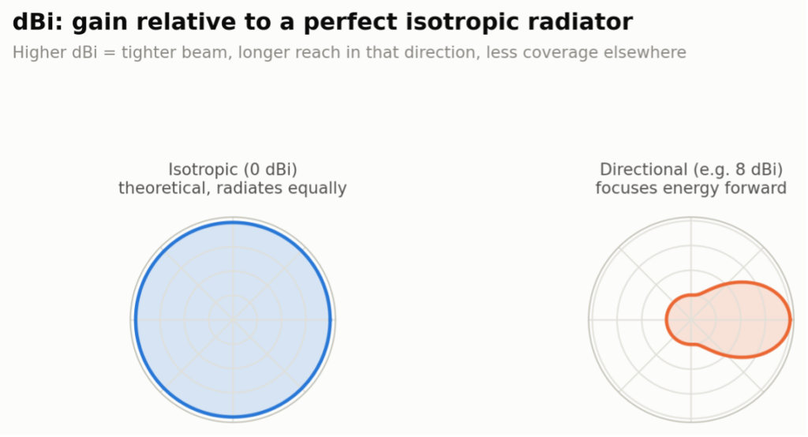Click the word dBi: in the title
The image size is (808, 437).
(x=38, y=22)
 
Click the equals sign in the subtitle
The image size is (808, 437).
(x=109, y=53)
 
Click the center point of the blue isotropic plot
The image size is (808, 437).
(x=233, y=320)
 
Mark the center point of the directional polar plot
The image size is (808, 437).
(x=691, y=320)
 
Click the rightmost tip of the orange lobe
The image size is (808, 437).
(x=791, y=320)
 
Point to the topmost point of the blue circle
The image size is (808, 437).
(x=233, y=222)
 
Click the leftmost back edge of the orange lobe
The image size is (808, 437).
(x=666, y=320)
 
